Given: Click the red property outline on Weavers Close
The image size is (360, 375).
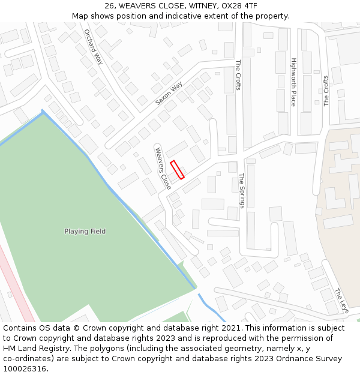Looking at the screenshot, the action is pyautogui.click(x=177, y=170).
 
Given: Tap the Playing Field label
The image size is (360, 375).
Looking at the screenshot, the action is pyautogui.click(x=85, y=231).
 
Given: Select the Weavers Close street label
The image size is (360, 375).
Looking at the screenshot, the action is pyautogui.click(x=163, y=168).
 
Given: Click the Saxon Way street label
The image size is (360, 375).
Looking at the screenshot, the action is pyautogui.click(x=169, y=94).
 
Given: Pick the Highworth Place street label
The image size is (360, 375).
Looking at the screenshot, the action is pyautogui.click(x=293, y=82).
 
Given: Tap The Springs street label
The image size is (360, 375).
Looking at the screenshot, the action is pyautogui.click(x=242, y=191).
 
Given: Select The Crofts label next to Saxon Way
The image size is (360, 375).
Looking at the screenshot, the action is pyautogui.click(x=238, y=75).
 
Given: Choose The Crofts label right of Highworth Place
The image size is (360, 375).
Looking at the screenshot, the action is pyautogui.click(x=326, y=91).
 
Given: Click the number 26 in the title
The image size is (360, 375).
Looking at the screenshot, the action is pyautogui.click(x=110, y=5).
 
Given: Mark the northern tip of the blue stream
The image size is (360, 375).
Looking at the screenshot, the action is pyautogui.click(x=42, y=110).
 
